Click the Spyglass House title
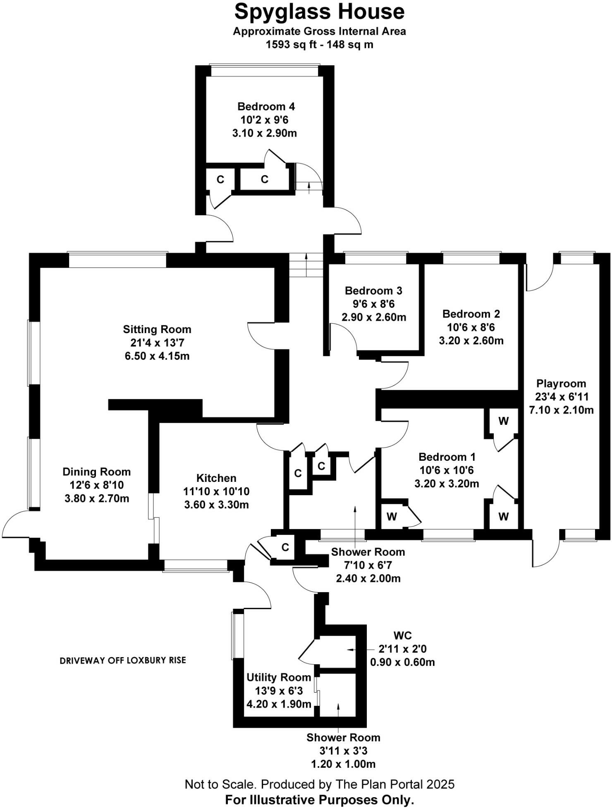319,12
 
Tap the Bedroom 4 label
266,107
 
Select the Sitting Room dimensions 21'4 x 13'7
157,343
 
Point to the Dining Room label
96,472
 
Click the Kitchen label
216,478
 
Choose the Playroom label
561,384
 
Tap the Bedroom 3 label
373,291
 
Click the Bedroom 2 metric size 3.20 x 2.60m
471,341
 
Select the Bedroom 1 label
447,457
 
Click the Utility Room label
279,677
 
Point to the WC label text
402,636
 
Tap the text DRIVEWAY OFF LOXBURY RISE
123,660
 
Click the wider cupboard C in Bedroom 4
265,179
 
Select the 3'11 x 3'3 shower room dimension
343,751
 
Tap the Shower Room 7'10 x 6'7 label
368,552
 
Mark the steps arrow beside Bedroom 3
306,264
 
